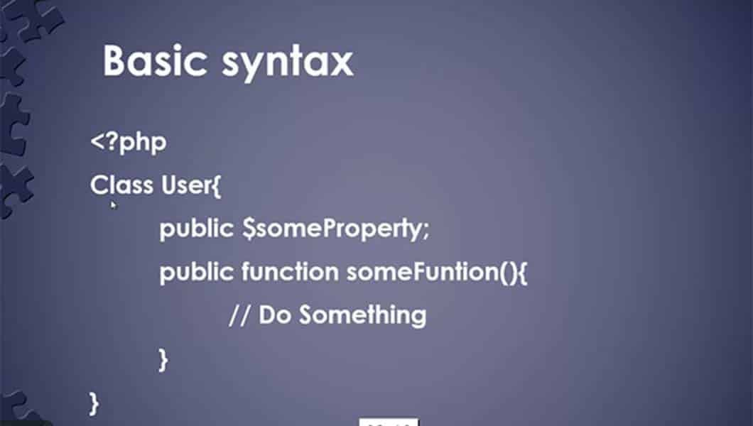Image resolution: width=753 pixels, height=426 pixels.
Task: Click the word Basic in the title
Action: tap(154, 60)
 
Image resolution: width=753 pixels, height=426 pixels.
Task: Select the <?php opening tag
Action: tap(129, 143)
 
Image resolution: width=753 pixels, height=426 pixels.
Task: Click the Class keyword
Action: tap(121, 185)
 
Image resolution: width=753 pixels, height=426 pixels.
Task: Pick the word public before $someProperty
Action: tap(196, 229)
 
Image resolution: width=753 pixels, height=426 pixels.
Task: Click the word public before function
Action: tap(196, 273)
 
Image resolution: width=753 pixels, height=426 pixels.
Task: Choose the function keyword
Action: tap(290, 271)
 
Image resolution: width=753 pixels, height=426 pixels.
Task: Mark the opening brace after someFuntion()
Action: tap(523, 273)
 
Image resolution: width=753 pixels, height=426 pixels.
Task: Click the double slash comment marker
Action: tap(239, 316)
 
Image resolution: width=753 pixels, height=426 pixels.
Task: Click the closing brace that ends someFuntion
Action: tap(164, 360)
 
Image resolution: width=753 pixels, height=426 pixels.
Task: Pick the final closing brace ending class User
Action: tap(94, 403)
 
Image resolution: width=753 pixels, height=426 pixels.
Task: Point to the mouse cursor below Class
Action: tap(114, 205)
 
